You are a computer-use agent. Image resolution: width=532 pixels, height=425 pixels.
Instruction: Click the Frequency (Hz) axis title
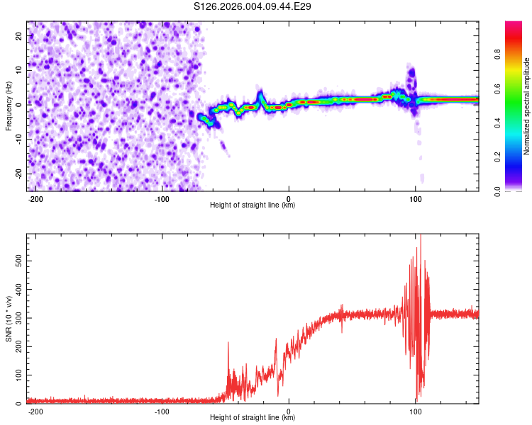point(9,106)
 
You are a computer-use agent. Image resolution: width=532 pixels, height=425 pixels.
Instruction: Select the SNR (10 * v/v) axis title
point(9,318)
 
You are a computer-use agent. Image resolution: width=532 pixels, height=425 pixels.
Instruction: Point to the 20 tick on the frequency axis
point(19,35)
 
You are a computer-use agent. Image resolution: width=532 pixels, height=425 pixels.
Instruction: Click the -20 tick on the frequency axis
point(18,173)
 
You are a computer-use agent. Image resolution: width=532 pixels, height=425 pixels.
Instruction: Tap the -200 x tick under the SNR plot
point(35,412)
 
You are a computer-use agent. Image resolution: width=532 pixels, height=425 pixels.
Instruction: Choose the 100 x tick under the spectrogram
point(416,199)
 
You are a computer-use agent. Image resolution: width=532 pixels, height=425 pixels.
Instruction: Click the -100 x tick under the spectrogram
point(162,199)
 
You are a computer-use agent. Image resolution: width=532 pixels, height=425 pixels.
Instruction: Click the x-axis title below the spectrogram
point(253,205)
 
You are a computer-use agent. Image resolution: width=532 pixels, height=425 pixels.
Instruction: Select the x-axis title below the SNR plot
point(253,418)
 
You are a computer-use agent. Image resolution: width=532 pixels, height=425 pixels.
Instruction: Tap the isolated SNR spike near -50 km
point(228,344)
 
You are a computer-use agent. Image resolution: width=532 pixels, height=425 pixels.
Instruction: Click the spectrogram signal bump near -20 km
point(260,94)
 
